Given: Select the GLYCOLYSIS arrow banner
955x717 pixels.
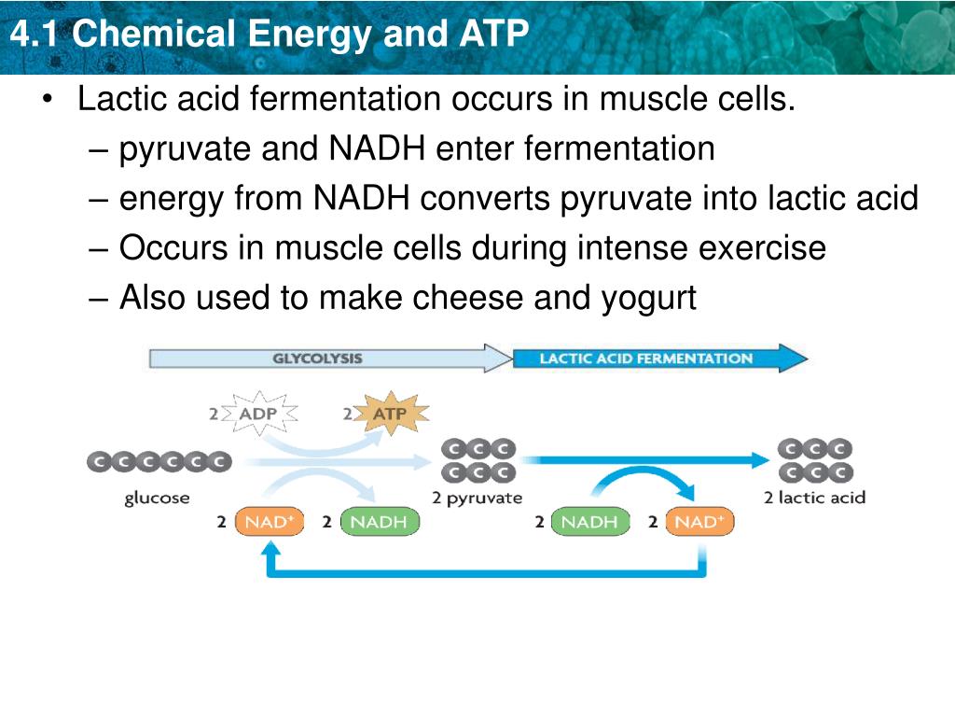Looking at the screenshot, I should tap(318, 358).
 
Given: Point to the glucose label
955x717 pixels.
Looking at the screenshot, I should tap(157, 498).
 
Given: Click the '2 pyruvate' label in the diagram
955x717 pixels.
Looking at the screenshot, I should tap(477, 498).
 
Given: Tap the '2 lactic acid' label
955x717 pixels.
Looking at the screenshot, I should tap(814, 498).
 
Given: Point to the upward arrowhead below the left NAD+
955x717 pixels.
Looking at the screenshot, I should tap(272, 550).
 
